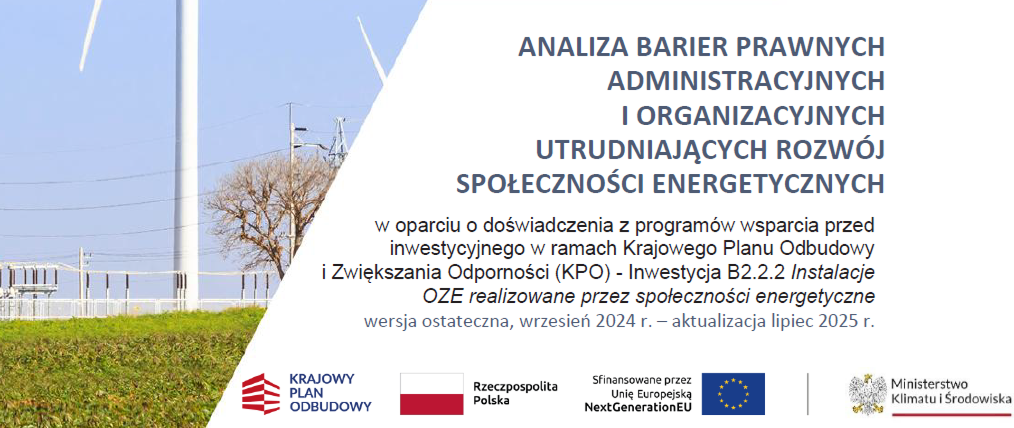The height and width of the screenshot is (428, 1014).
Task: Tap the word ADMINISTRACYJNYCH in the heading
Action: pos(746,81)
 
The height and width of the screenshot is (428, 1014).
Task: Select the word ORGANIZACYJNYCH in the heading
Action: pos(760,116)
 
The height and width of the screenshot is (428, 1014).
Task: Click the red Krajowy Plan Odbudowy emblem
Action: pos(260,394)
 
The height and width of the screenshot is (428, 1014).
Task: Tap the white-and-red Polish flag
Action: pos(431,394)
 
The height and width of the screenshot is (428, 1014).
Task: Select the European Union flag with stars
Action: pos(733,394)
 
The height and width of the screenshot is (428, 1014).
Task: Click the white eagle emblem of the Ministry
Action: pos(867,394)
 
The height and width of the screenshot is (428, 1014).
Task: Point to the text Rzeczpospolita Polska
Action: pos(515,393)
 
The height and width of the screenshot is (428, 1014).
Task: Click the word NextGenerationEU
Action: pos(637,407)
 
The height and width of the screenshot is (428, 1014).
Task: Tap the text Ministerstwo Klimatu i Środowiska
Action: pos(951,391)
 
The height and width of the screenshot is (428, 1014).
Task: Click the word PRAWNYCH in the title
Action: pos(810,47)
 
